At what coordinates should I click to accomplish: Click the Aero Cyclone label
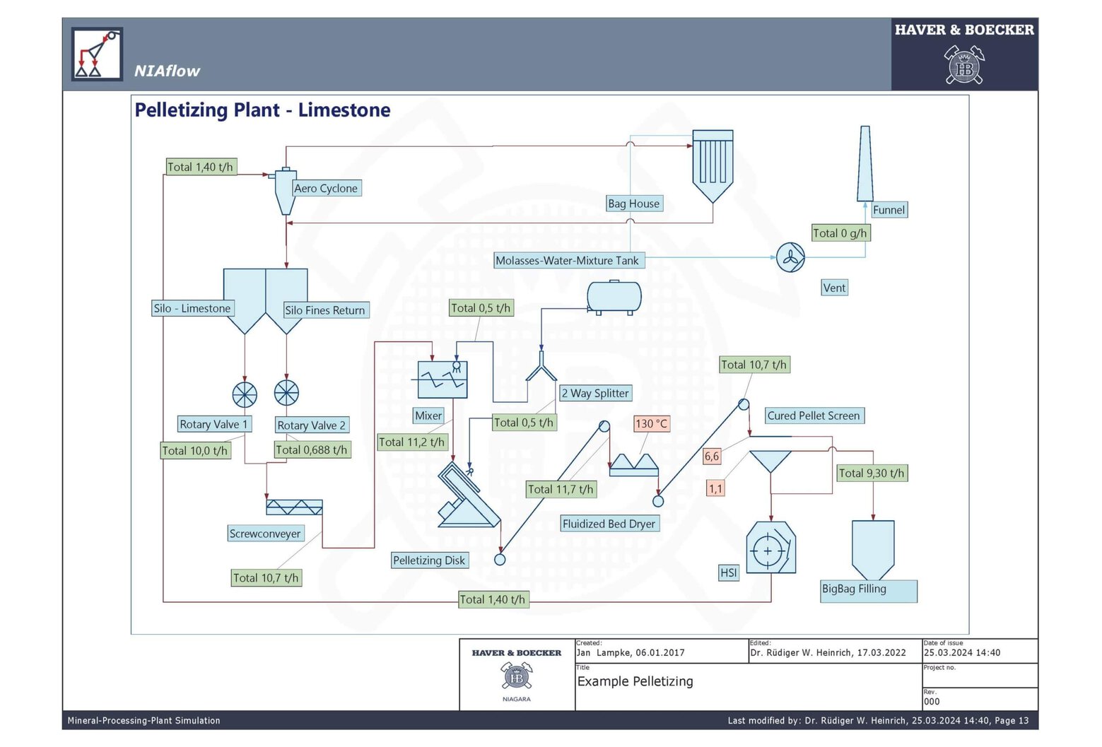[326, 189]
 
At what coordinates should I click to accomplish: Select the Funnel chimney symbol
[864, 164]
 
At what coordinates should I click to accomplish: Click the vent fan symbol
[790, 258]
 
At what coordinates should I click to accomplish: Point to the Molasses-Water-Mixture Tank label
[567, 261]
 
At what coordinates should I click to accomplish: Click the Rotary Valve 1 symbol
[245, 394]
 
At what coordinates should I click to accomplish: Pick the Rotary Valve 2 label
[311, 425]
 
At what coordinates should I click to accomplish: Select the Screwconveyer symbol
[294, 507]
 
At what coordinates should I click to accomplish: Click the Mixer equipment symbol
[442, 380]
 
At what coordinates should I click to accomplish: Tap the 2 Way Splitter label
[595, 394]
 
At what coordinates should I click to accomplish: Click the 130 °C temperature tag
[651, 424]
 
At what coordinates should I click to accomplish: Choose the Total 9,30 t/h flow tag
[872, 474]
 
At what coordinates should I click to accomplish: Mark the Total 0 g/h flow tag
[840, 233]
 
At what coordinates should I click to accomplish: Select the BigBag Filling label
[854, 589]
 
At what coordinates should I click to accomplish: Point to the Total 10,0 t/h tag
[195, 451]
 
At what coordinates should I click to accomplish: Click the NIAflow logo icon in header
[97, 54]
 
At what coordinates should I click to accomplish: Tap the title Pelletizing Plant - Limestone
[262, 110]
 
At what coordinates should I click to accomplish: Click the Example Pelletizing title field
[635, 682]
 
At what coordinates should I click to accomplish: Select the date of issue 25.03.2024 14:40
[962, 653]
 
